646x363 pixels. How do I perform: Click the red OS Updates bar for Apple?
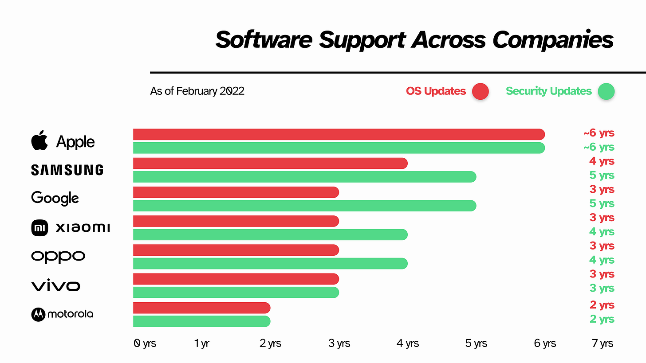(x=339, y=134)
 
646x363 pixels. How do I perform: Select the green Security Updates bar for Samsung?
(x=304, y=177)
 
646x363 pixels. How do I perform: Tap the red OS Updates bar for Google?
(x=236, y=192)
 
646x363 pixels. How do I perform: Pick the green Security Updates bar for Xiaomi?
(x=270, y=234)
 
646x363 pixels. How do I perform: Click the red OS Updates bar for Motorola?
(x=202, y=308)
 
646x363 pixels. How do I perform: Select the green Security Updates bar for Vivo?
(x=236, y=293)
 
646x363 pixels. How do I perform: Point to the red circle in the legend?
(x=480, y=92)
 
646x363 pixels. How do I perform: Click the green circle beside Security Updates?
(x=606, y=92)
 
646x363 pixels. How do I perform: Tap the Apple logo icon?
(x=39, y=141)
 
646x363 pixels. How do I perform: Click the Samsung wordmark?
(x=67, y=170)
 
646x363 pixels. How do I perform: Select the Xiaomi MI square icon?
(x=39, y=228)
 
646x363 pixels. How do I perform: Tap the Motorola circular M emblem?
(x=38, y=314)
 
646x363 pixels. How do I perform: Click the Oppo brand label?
(x=58, y=257)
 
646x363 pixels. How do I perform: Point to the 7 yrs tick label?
(x=602, y=343)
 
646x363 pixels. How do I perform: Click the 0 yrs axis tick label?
(x=145, y=343)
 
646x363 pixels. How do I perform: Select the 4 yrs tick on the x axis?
(x=407, y=343)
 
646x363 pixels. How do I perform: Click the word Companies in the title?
(x=553, y=40)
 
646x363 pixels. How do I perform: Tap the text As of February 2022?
(x=197, y=91)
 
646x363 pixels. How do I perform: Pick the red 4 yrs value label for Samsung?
(x=602, y=161)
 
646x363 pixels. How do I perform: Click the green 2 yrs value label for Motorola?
(x=602, y=319)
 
